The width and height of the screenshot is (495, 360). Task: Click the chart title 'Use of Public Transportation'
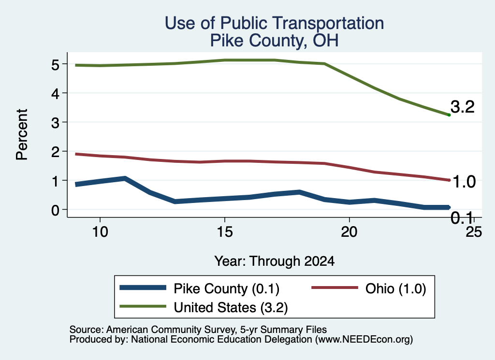pyautogui.click(x=275, y=23)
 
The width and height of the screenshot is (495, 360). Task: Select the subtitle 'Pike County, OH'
pyautogui.click(x=275, y=41)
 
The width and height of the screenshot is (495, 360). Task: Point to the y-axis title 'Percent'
pyautogui.click(x=22, y=134)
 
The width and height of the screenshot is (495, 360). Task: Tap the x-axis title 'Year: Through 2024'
pyautogui.click(x=275, y=261)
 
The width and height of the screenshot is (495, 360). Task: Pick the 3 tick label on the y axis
pyautogui.click(x=55, y=122)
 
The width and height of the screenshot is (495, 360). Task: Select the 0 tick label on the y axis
pyautogui.click(x=55, y=210)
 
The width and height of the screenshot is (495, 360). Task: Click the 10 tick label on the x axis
pyautogui.click(x=100, y=232)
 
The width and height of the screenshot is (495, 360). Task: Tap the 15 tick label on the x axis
pyautogui.click(x=224, y=232)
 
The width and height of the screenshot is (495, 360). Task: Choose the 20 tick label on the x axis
pyautogui.click(x=349, y=232)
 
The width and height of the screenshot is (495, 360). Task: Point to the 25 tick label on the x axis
pyautogui.click(x=474, y=232)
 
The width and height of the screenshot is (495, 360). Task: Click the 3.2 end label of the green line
pyautogui.click(x=463, y=107)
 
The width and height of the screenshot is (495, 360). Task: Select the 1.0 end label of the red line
pyautogui.click(x=464, y=182)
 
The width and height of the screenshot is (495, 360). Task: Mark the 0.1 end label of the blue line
pyautogui.click(x=462, y=218)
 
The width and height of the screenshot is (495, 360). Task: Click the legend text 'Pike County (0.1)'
pyautogui.click(x=226, y=289)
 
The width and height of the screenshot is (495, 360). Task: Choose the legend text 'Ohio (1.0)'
pyautogui.click(x=395, y=289)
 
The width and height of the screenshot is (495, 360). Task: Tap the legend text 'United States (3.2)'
pyautogui.click(x=231, y=308)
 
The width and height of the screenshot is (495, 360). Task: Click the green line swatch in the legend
pyautogui.click(x=143, y=306)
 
